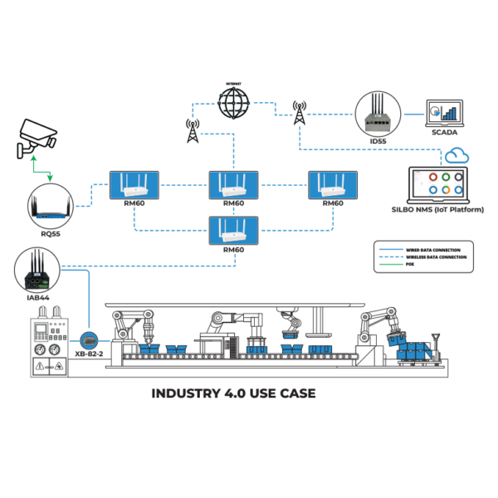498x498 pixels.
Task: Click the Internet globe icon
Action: pos(234,105)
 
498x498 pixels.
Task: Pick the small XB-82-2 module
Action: pos(89,340)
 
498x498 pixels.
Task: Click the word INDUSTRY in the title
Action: pos(181,393)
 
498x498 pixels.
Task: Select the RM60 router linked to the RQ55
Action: pos(134,185)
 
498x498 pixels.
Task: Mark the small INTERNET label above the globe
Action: pos(234,83)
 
